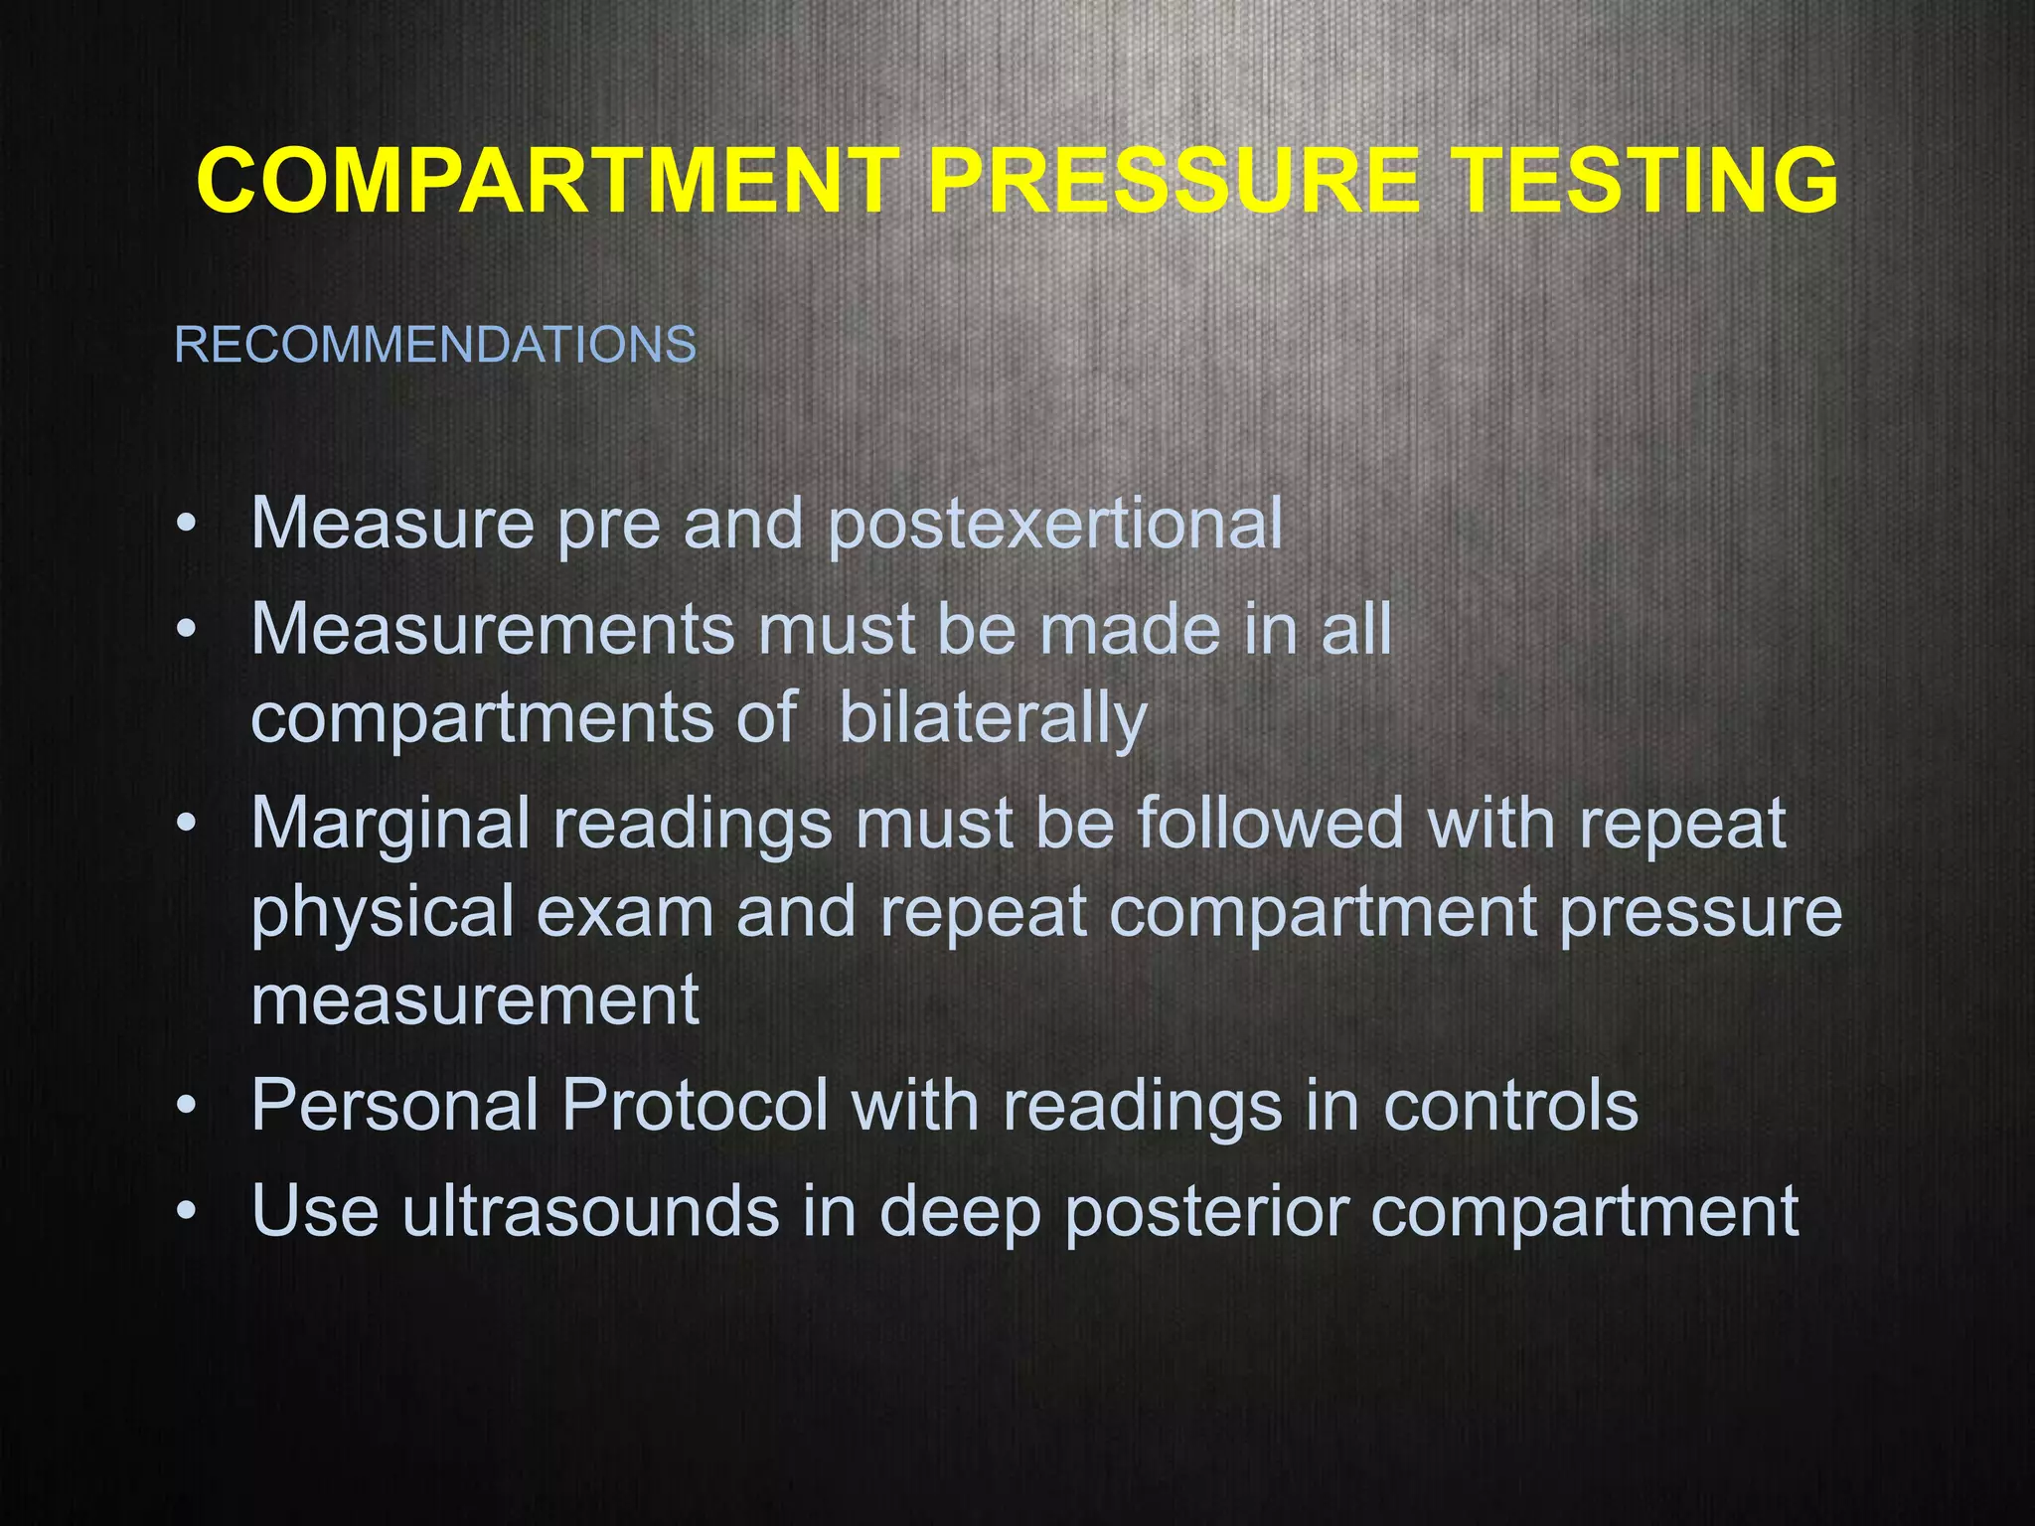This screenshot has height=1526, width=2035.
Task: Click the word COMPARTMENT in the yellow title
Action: coord(548,181)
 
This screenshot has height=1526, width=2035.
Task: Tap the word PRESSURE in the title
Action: coord(1173,181)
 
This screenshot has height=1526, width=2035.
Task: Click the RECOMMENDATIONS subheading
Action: coord(435,345)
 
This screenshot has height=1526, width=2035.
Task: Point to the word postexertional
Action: coord(1054,524)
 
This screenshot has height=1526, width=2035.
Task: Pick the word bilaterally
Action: coord(993,717)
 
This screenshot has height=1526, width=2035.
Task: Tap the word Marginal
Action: coord(391,824)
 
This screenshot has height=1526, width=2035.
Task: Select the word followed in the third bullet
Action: coord(1270,824)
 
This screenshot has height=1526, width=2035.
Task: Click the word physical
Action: coord(383,911)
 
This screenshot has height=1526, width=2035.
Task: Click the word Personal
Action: coord(395,1105)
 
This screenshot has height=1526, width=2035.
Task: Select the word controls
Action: coord(1510,1105)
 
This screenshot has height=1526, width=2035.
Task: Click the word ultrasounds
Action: coord(590,1210)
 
